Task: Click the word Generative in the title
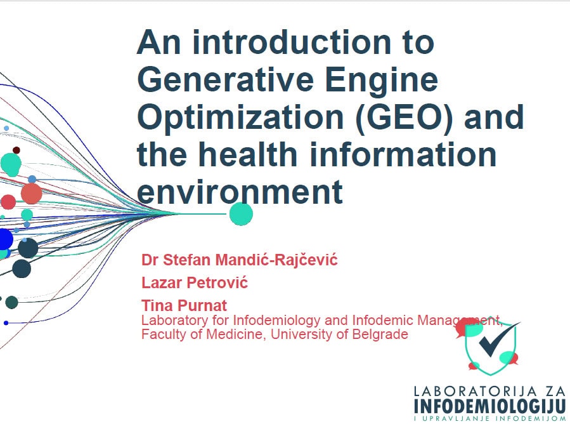pyautogui.click(x=225, y=80)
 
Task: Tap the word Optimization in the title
pyautogui.click(x=240, y=118)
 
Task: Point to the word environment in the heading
pyautogui.click(x=240, y=192)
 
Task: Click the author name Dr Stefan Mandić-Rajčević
pyautogui.click(x=240, y=260)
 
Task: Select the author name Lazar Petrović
pyautogui.click(x=195, y=282)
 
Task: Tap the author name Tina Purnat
pyautogui.click(x=184, y=305)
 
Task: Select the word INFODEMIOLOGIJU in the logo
pyautogui.click(x=490, y=406)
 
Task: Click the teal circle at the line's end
pyautogui.click(x=241, y=214)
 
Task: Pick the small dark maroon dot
pyautogui.click(x=16, y=150)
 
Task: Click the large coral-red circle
pyautogui.click(x=32, y=193)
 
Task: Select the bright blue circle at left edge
pyautogui.click(x=5, y=239)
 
